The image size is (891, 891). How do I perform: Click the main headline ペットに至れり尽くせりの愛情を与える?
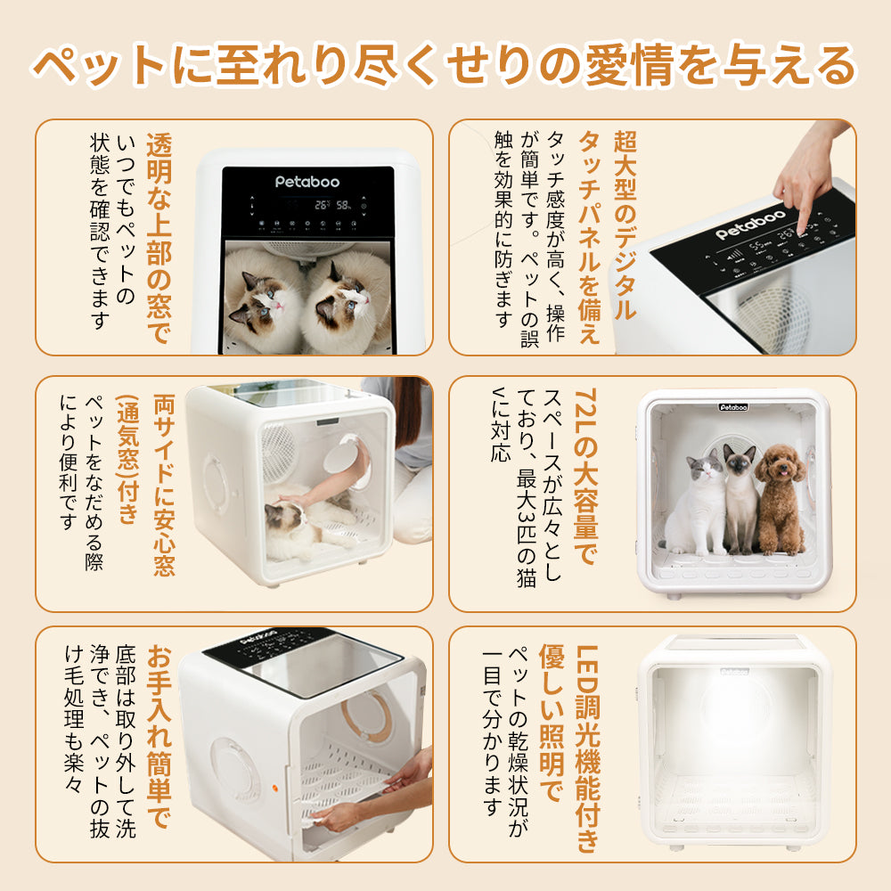tap(445, 64)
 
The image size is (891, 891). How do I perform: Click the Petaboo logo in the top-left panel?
tap(307, 181)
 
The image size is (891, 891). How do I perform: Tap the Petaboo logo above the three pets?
tap(733, 407)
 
